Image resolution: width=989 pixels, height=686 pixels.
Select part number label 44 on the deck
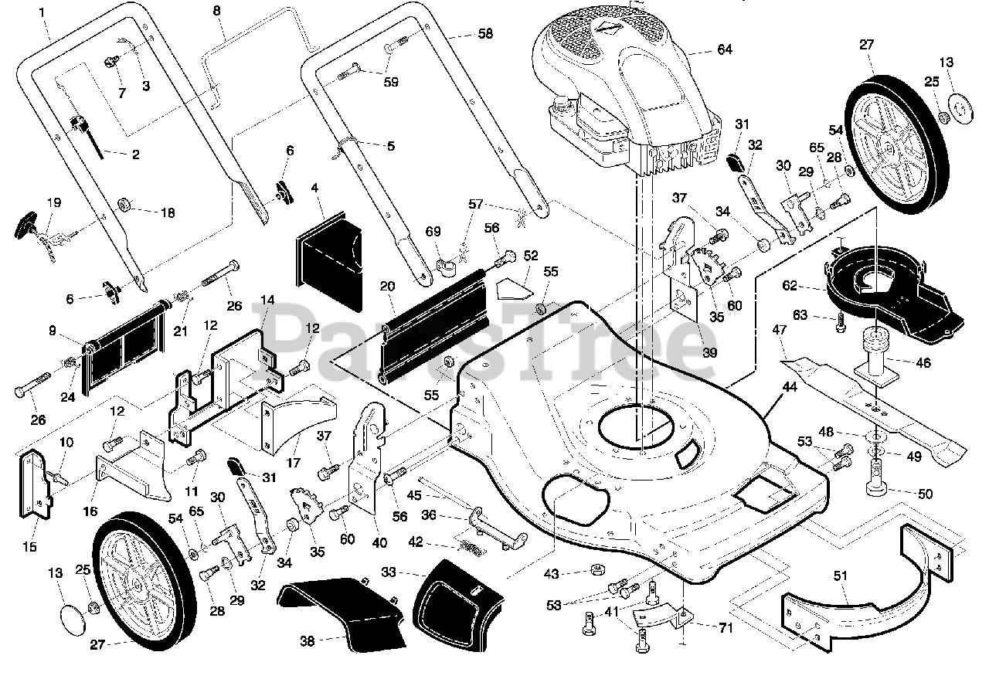pos(790,387)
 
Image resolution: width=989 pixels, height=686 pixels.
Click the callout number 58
pos(485,34)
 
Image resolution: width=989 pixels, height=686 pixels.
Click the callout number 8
pos(217,11)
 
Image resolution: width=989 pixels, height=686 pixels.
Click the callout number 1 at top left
pos(42,12)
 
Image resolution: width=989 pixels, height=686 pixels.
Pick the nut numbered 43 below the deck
pos(597,569)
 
